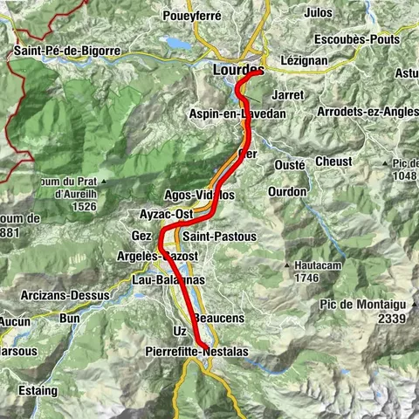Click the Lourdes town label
(237, 69)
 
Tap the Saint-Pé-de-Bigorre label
(66, 52)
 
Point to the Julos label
(319, 13)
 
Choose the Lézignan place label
(305, 61)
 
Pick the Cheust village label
(334, 161)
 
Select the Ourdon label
(287, 191)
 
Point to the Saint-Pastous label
(220, 236)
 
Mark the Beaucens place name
(212, 318)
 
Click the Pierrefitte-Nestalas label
(189, 351)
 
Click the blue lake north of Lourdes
(178, 43)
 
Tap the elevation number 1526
(85, 206)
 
